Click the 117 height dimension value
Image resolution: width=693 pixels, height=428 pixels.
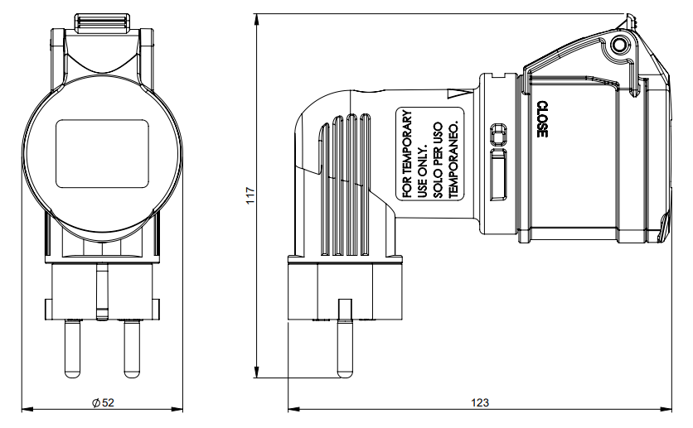click(250, 195)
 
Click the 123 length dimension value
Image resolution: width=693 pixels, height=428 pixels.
click(479, 402)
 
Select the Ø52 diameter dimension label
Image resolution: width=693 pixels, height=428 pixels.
click(103, 402)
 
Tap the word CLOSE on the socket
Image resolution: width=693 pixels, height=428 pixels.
click(542, 119)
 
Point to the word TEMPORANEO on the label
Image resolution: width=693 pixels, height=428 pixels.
click(453, 159)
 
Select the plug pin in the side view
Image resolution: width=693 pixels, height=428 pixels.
click(345, 339)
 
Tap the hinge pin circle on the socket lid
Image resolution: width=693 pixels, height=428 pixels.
click(618, 46)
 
